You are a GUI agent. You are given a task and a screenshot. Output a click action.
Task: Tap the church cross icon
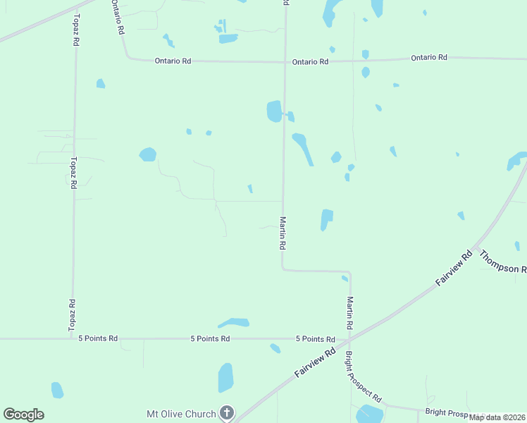(226, 412)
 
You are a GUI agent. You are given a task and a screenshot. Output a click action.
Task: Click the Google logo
(23, 415)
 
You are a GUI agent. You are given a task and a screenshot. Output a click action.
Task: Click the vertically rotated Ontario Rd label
(116, 18)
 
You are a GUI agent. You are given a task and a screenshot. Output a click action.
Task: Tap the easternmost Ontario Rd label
(429, 57)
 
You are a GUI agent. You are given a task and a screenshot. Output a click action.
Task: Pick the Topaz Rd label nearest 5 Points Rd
(72, 315)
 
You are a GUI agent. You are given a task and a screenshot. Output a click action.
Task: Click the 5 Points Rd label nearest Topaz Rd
(98, 338)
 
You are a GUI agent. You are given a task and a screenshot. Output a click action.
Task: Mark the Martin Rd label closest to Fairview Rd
(349, 314)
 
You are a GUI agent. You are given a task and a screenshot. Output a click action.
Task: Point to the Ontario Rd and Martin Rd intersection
(285, 62)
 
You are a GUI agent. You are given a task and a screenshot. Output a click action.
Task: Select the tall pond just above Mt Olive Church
(225, 377)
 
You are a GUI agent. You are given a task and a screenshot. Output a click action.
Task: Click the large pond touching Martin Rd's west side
(274, 111)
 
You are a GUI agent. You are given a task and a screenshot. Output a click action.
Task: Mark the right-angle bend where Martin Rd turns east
(283, 269)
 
